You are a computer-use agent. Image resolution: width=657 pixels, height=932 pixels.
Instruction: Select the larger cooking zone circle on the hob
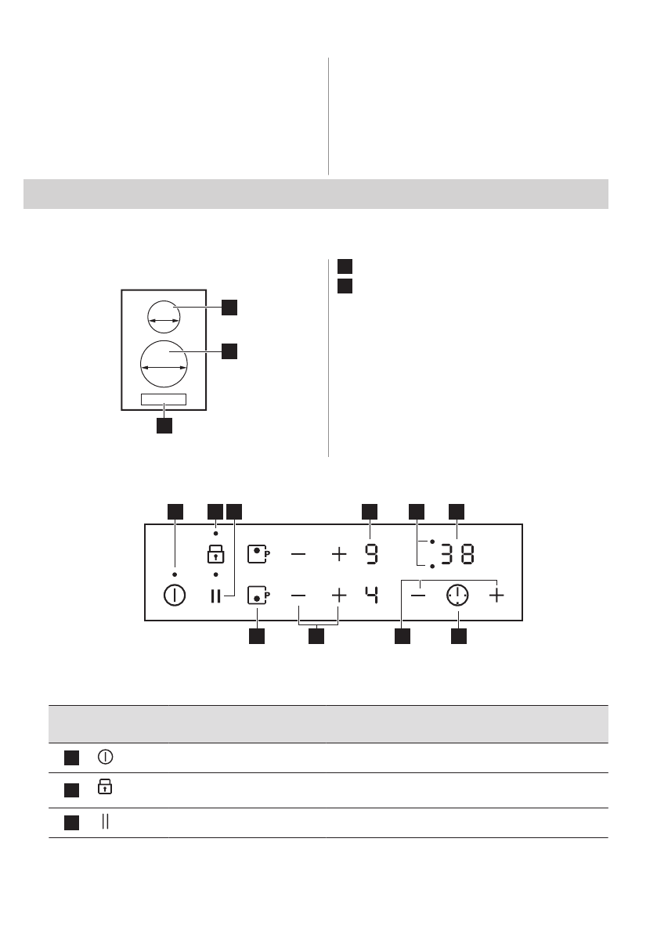click(164, 364)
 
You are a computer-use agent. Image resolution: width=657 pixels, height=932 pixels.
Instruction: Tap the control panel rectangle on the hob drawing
click(164, 399)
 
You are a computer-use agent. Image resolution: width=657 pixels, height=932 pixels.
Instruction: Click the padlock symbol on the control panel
click(215, 555)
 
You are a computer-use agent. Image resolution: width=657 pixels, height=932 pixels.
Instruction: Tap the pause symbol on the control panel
click(215, 596)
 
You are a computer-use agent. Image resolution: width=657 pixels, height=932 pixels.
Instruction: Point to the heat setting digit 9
click(370, 555)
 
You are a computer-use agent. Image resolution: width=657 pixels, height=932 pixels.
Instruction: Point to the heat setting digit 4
click(370, 596)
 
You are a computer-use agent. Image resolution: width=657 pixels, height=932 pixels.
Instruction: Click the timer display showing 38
click(457, 555)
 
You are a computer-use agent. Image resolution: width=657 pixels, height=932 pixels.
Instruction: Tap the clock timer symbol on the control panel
click(457, 596)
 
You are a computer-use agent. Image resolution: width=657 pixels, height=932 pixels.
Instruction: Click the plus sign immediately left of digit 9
click(338, 555)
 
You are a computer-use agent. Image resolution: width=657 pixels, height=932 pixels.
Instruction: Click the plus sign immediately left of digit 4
click(338, 596)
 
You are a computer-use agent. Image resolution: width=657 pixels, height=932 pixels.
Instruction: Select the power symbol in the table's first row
click(104, 757)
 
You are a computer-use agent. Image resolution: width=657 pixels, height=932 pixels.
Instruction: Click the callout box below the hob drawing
click(164, 426)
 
